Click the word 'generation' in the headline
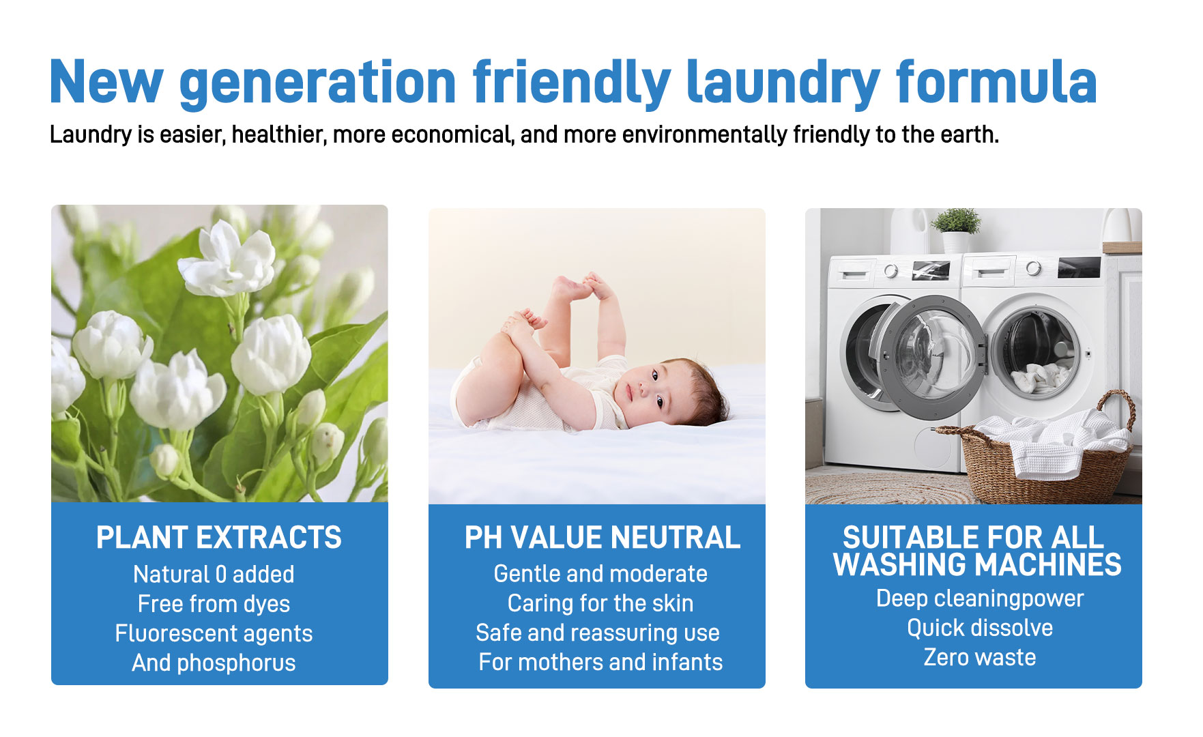pyautogui.click(x=318, y=83)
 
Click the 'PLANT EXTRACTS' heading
pyautogui.click(x=219, y=537)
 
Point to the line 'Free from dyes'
pyautogui.click(x=214, y=604)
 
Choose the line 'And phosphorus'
pyautogui.click(x=214, y=663)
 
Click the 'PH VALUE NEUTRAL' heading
pyautogui.click(x=602, y=537)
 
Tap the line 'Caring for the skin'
pyautogui.click(x=600, y=603)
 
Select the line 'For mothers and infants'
pyautogui.click(x=600, y=662)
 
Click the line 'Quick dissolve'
pyautogui.click(x=980, y=628)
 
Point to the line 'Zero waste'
pyautogui.click(x=980, y=657)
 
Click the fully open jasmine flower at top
pyautogui.click(x=227, y=259)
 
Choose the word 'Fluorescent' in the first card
pyautogui.click(x=175, y=633)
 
